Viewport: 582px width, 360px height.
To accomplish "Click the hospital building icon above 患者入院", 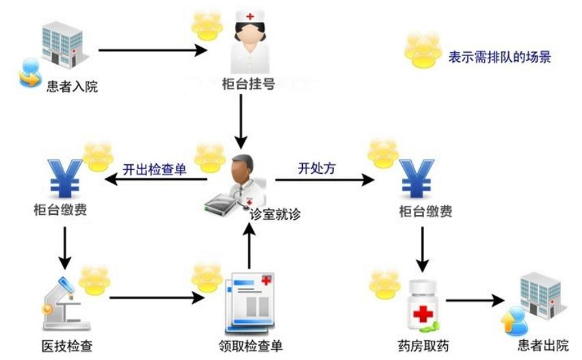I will click(x=61, y=44).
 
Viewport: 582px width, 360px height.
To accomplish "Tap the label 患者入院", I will click(x=72, y=87).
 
